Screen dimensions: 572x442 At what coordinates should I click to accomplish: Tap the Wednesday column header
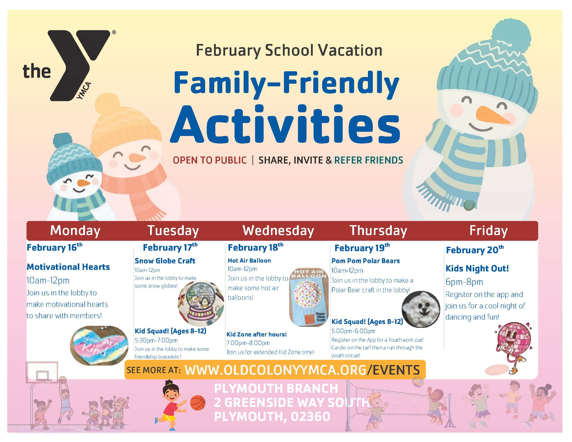point(278,231)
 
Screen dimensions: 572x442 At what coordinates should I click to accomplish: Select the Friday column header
point(489,231)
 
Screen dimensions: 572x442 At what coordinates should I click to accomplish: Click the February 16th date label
point(55,247)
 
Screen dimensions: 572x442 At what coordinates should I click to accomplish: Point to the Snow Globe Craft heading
point(165,261)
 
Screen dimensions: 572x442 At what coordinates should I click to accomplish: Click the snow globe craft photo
point(201,303)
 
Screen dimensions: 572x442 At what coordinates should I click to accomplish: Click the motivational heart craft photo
point(99,345)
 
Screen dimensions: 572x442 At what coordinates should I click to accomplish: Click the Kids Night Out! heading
point(477,268)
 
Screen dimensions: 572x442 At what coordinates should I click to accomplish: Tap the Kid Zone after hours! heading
point(256,334)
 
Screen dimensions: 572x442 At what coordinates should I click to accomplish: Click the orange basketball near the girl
point(198,403)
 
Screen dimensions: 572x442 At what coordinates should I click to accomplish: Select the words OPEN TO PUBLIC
point(210,160)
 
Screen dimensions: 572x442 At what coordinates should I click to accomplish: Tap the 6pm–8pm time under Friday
point(464,282)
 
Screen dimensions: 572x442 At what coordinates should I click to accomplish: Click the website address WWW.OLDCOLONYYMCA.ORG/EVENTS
point(302,370)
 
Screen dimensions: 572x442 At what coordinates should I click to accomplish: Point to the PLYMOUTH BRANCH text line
point(276,388)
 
